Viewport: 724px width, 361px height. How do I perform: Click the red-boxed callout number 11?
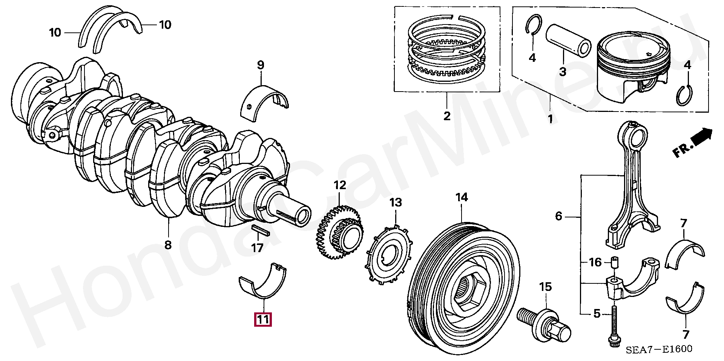(263, 320)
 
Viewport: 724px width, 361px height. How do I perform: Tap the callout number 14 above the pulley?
(462, 197)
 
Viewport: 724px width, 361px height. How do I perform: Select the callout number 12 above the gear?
(339, 185)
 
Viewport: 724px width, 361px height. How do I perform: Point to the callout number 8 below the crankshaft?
(168, 245)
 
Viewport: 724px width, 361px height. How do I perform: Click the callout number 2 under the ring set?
(447, 116)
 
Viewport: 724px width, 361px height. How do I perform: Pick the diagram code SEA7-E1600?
(659, 350)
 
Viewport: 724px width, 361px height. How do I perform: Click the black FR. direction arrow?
(702, 136)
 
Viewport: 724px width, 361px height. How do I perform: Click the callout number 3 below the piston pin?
(563, 71)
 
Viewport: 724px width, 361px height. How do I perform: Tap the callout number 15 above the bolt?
(545, 287)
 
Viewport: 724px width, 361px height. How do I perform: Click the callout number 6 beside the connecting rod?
(559, 216)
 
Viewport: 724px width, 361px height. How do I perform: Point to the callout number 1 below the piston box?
(550, 119)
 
